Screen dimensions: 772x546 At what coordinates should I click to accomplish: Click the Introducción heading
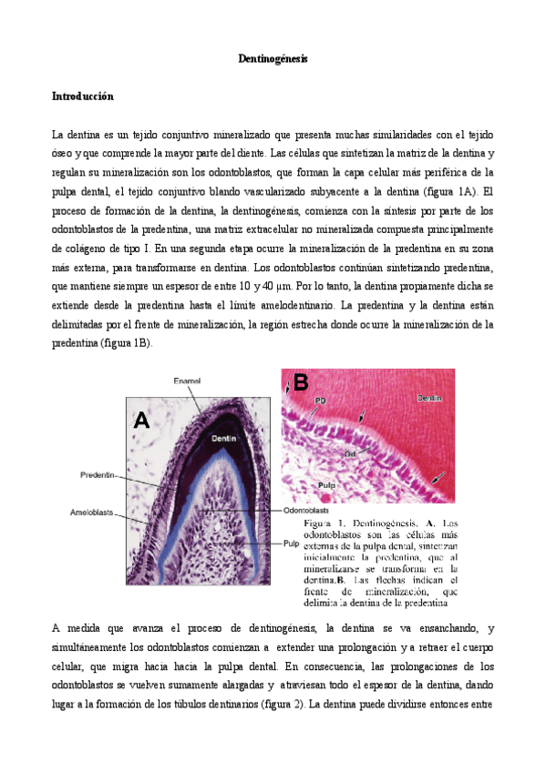click(83, 95)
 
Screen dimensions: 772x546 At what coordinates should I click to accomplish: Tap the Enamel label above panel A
click(189, 380)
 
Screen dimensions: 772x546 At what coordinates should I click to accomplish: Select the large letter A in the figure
click(141, 420)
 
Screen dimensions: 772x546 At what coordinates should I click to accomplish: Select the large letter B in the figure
click(301, 383)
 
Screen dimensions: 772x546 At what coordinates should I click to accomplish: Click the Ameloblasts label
click(92, 513)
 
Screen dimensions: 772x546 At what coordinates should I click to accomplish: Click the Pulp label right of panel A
click(293, 543)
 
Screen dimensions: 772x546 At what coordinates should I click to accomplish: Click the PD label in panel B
click(320, 401)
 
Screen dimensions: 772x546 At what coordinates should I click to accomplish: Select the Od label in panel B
click(349, 452)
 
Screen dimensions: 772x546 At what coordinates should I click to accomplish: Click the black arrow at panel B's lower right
click(440, 477)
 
